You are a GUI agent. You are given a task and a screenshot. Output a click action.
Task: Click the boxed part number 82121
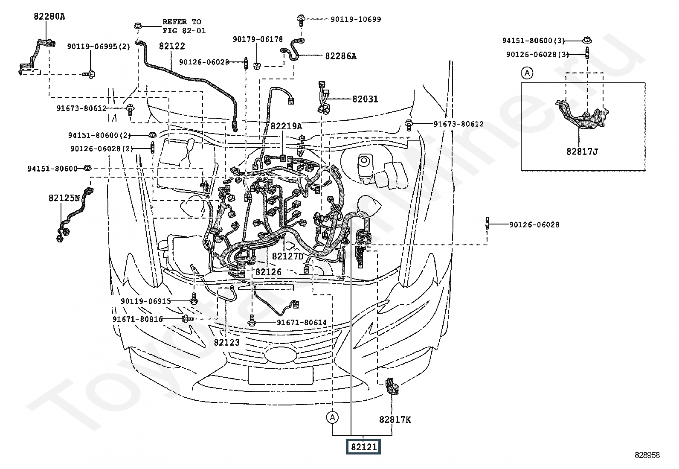point(363,447)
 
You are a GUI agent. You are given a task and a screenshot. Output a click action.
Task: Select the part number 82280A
point(49,17)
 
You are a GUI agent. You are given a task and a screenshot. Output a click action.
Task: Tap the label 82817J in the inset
point(582,151)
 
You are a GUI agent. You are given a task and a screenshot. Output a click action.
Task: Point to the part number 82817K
point(395,419)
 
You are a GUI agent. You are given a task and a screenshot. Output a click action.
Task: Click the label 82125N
point(64,198)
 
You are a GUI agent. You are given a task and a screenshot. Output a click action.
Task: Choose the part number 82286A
point(340,56)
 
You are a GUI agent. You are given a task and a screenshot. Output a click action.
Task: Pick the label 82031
point(365,99)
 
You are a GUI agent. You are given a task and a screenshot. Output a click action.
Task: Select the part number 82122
point(172,46)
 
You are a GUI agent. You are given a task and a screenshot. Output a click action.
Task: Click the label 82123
point(226,342)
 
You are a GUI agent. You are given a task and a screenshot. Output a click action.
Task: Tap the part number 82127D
point(287,256)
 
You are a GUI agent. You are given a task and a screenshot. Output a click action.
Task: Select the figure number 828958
point(647,455)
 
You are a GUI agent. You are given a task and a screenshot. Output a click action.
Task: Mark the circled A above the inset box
point(527,73)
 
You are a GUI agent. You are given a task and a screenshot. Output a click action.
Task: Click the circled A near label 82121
point(333,417)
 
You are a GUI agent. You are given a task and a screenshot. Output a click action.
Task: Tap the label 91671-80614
point(302,323)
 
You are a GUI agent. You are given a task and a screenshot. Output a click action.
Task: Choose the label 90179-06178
point(258,39)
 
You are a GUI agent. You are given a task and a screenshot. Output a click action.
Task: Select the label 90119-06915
point(145,301)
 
